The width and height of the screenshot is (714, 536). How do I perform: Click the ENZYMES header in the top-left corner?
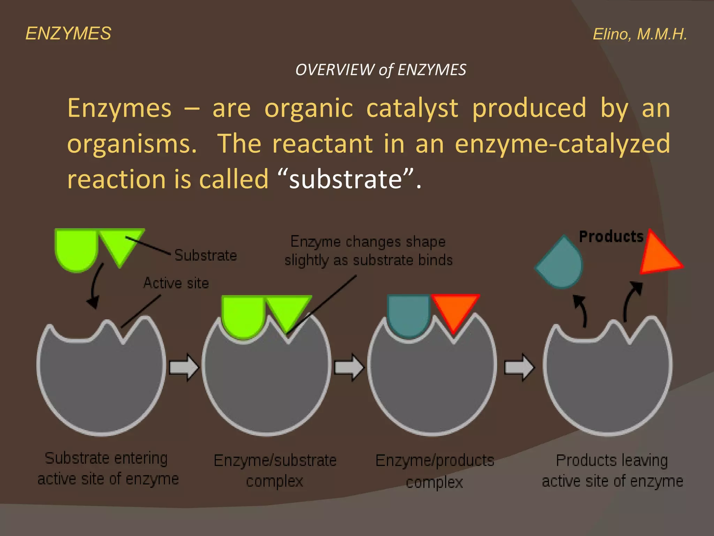point(68,33)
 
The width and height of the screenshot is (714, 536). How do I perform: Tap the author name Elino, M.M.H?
point(640,34)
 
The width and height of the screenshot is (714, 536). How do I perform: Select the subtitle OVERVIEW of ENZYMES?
point(381,70)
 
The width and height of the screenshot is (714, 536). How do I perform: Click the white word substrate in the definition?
point(345,179)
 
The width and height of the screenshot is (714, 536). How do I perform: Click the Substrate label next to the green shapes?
point(206,255)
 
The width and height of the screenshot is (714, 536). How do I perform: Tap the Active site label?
point(176,283)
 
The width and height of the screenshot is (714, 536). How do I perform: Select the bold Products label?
point(611,237)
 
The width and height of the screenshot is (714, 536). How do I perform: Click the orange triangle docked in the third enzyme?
point(454,309)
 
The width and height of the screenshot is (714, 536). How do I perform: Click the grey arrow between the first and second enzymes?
point(183,367)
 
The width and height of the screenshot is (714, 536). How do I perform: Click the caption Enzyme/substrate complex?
point(275,471)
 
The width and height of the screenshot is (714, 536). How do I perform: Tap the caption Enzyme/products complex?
point(435,471)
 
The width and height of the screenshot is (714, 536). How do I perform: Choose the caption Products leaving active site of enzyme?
point(612,471)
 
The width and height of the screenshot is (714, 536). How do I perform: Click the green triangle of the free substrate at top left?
point(120,244)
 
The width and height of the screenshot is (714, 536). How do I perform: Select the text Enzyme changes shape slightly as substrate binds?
point(369,251)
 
